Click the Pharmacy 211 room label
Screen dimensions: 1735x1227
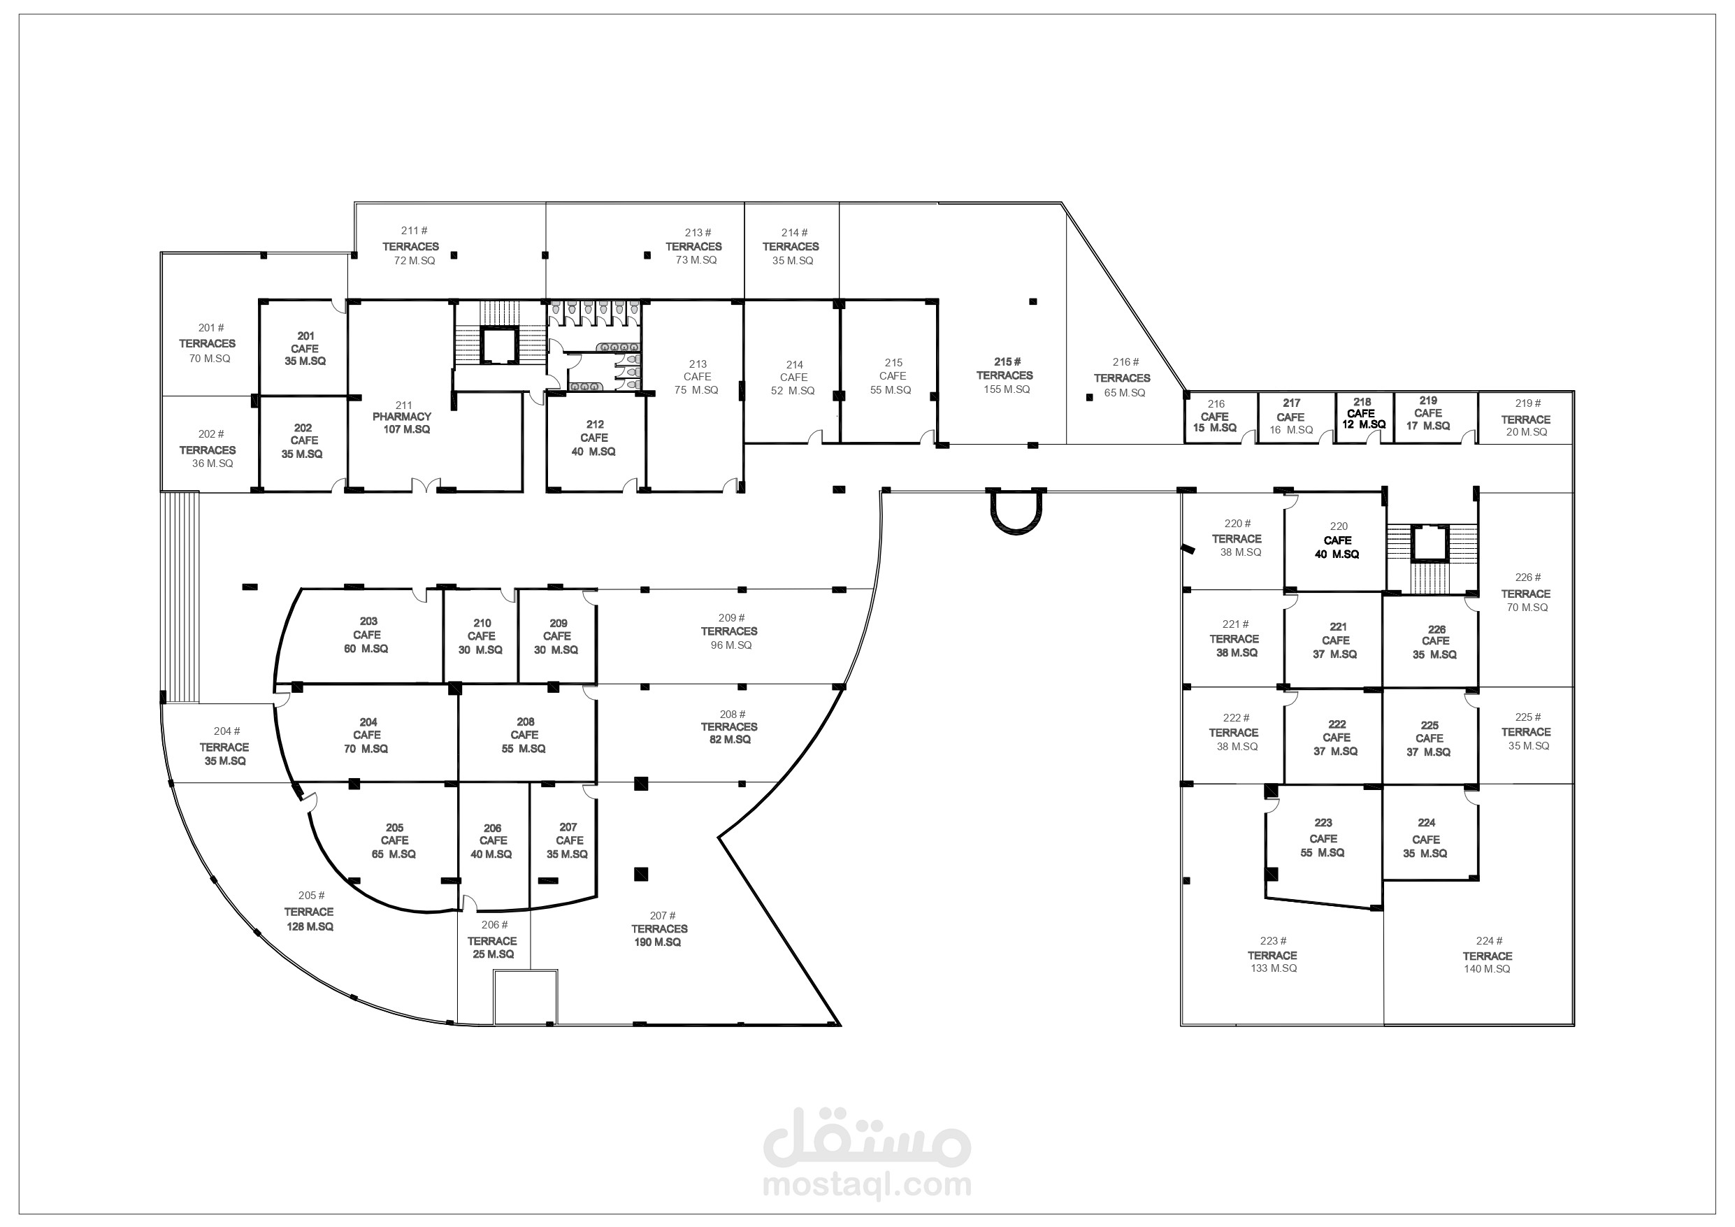pyautogui.click(x=403, y=417)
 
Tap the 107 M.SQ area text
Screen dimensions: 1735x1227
pyautogui.click(x=407, y=429)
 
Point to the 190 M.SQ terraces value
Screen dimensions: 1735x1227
pyautogui.click(x=657, y=942)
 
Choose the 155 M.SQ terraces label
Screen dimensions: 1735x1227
pyautogui.click(x=1007, y=389)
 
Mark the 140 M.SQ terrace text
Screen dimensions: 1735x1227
pyautogui.click(x=1487, y=969)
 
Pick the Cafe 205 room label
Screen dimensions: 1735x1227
pyautogui.click(x=394, y=840)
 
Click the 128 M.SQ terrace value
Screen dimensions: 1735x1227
pyautogui.click(x=310, y=927)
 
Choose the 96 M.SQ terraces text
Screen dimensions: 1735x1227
pyautogui.click(x=730, y=645)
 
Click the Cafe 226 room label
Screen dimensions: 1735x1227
pyautogui.click(x=1435, y=642)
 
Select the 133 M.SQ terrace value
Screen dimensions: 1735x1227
pyautogui.click(x=1274, y=968)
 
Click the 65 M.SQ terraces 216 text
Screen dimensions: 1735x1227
pyautogui.click(x=1125, y=393)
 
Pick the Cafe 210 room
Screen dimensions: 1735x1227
pyautogui.click(x=482, y=636)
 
